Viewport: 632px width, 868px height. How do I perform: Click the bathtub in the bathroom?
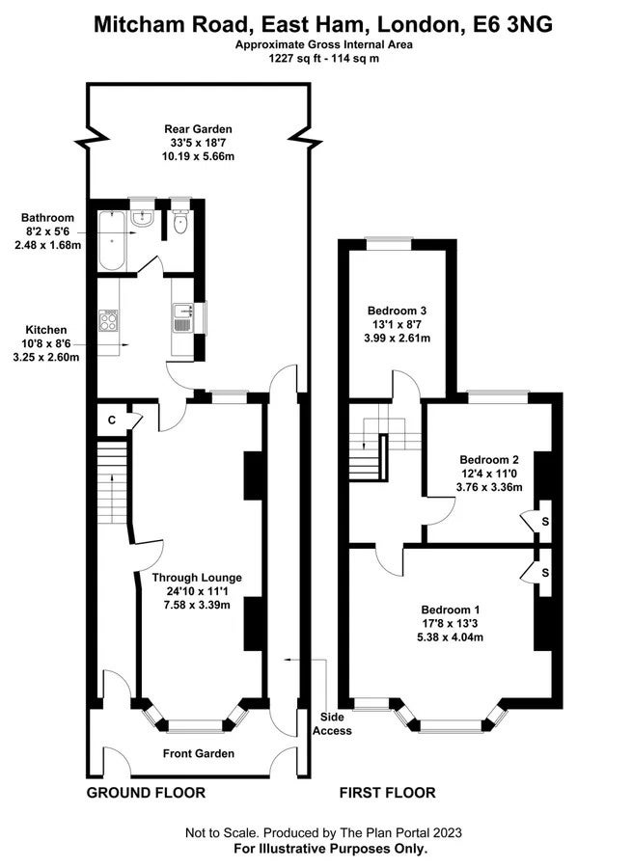(x=113, y=241)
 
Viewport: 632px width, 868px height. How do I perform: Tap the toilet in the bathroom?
(x=180, y=222)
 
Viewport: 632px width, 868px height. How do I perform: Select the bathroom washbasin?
(x=143, y=218)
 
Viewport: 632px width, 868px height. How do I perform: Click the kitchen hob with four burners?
(x=109, y=320)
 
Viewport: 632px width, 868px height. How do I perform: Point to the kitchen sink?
(x=182, y=317)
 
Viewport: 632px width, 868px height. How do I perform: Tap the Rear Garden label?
(x=198, y=129)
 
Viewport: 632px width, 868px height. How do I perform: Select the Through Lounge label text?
(x=197, y=578)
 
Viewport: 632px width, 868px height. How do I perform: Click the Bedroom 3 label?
(x=397, y=311)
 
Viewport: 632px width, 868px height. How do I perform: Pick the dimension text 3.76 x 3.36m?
(x=489, y=487)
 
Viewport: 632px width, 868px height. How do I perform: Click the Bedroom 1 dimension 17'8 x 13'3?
(x=450, y=623)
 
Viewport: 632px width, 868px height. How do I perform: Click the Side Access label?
(x=332, y=724)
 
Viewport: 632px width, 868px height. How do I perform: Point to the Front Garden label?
(x=199, y=753)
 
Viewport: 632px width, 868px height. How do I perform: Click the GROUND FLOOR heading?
(x=146, y=793)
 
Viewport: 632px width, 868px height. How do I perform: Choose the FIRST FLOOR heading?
(x=387, y=793)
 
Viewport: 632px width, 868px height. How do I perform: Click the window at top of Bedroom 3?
(x=389, y=241)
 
